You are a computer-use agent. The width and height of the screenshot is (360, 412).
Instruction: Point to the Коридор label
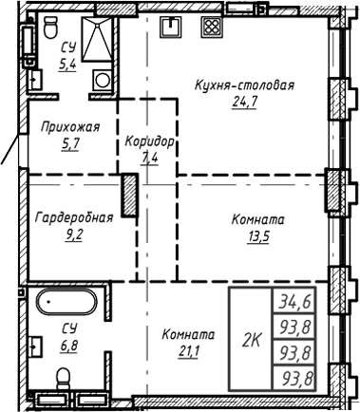pos(150,141)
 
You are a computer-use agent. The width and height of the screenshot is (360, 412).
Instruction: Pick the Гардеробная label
pos(73,217)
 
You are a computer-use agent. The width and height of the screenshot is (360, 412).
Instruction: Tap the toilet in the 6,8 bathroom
pos(64,380)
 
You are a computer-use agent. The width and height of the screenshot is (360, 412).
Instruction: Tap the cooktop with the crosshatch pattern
pos(211,26)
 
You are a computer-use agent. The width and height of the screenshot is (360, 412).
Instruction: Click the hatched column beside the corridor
pos(129,196)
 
